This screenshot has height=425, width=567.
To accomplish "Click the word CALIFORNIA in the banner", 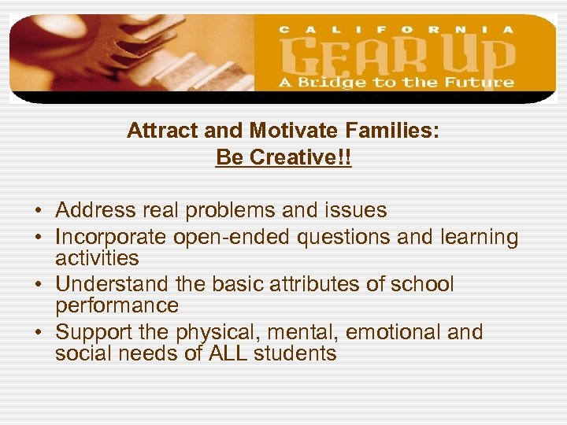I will (x=397, y=29).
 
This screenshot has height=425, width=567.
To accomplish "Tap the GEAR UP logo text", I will (x=397, y=56).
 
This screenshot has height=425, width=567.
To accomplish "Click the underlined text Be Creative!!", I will (x=283, y=157).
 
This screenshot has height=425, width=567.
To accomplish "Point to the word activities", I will (x=97, y=258).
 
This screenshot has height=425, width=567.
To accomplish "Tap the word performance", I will (x=117, y=305).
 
